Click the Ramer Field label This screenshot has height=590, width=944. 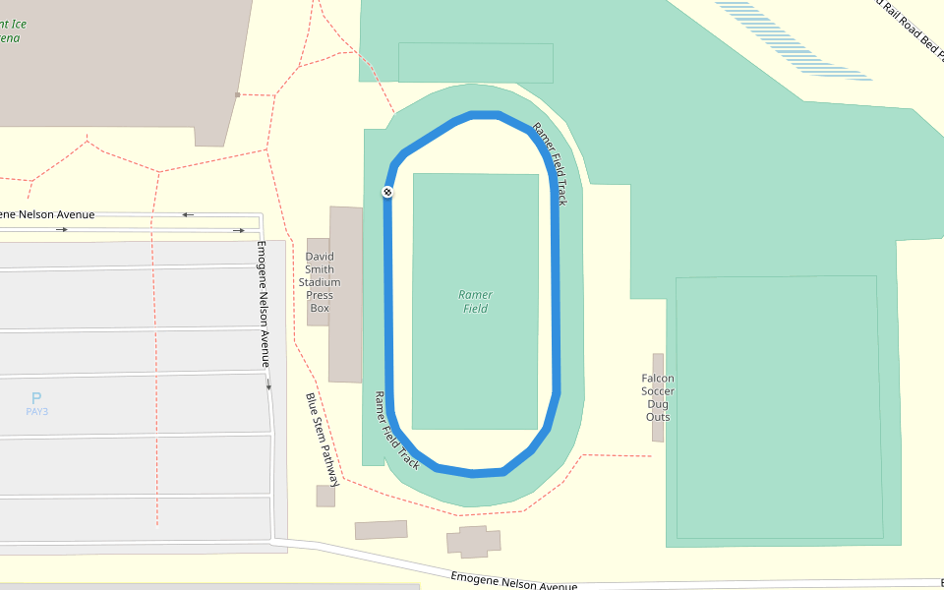476,302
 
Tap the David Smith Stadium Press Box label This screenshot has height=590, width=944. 320,282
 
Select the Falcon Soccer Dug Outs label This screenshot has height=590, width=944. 658,397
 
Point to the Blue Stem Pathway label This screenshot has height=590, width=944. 323,440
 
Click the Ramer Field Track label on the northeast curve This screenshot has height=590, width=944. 551,164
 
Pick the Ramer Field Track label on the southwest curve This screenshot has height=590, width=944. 396,431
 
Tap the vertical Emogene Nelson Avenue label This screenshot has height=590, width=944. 263,304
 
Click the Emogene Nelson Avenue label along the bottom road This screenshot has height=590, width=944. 513,582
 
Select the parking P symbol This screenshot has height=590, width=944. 36,398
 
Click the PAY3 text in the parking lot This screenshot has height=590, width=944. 36,412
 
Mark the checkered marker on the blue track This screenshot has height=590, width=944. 387,192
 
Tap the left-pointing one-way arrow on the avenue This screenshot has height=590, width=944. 187,214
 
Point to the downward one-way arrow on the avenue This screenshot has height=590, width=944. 268,384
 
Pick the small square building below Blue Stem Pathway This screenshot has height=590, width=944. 325,497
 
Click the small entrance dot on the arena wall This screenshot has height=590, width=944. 237,94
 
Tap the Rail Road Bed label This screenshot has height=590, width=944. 911,24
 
